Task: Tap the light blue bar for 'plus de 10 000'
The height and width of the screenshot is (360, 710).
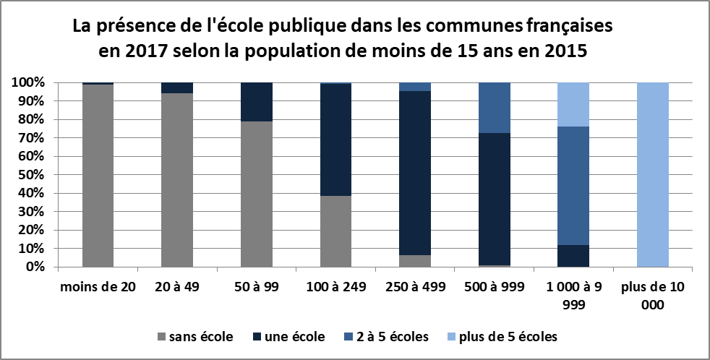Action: [653, 174]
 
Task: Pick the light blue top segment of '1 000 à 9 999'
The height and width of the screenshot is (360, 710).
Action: [573, 104]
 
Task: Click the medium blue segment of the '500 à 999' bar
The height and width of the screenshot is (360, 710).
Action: [495, 107]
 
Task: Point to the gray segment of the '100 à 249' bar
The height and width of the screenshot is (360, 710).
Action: [335, 231]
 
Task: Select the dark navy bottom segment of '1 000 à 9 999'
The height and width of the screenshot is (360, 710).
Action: [573, 256]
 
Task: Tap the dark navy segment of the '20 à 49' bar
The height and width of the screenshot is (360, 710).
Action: [177, 87]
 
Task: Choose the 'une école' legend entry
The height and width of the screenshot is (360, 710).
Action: [289, 336]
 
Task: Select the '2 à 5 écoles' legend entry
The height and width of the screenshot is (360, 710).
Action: [387, 336]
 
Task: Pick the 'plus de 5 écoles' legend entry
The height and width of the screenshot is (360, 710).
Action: [499, 336]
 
